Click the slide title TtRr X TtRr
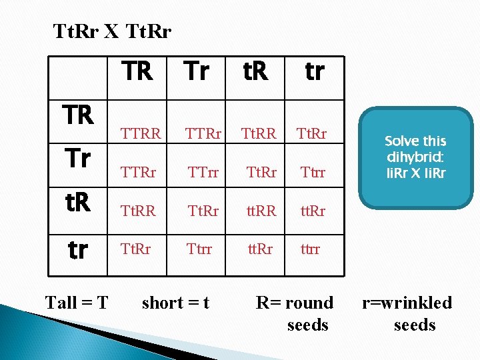click(112, 31)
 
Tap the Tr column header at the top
click(196, 71)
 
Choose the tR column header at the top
click(255, 71)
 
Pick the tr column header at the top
click(314, 71)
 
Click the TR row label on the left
click(78, 115)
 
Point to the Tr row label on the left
click(78, 159)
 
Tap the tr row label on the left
click(78, 249)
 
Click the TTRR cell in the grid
click(141, 134)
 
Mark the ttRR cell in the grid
click(261, 211)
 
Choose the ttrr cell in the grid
click(310, 249)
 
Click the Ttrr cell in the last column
click(312, 173)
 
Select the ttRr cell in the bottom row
click(261, 249)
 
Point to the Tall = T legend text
click(77, 303)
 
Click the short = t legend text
click(175, 303)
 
